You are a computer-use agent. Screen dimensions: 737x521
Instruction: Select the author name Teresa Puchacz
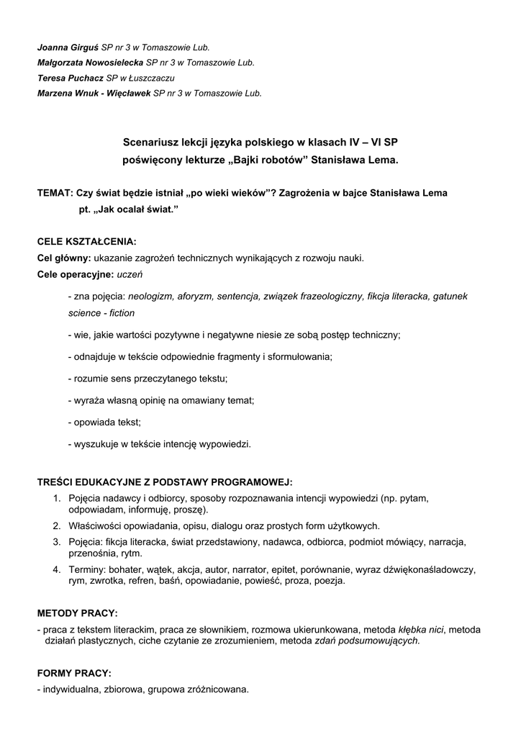click(70, 78)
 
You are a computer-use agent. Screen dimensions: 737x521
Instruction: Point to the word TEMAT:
click(55, 194)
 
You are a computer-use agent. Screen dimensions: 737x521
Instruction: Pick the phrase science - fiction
click(101, 313)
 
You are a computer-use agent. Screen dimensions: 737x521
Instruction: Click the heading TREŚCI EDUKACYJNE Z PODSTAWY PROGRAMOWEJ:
click(165, 482)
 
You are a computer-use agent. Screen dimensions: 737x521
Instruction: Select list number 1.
click(56, 498)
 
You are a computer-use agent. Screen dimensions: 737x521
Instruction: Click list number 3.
click(56, 541)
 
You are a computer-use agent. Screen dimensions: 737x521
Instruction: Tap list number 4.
click(56, 569)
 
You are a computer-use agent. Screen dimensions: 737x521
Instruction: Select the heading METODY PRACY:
click(77, 613)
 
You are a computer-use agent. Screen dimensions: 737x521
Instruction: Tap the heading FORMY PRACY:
click(74, 674)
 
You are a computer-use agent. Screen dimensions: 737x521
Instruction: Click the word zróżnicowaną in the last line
click(219, 689)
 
